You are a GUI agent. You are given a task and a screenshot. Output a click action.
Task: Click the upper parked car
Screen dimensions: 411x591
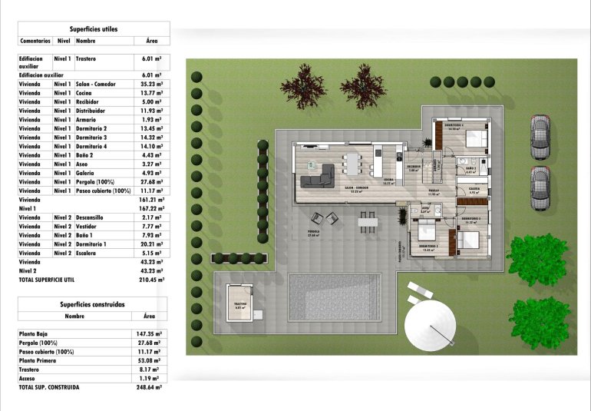coord(540,136)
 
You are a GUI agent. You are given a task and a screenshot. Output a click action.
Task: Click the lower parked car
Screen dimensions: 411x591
coord(540,187)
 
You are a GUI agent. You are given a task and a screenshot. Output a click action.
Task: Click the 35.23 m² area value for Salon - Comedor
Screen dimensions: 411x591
coord(151,85)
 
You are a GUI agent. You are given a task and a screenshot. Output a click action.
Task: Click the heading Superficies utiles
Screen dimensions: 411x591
coord(94,28)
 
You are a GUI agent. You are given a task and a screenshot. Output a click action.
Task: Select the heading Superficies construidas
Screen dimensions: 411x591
coord(94,304)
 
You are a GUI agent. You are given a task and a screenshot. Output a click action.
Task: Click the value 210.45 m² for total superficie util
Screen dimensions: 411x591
coord(151,280)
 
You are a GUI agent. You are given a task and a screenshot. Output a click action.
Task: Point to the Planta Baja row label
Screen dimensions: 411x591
coord(36,334)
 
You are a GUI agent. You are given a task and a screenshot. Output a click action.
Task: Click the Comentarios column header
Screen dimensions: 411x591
coord(35,40)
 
